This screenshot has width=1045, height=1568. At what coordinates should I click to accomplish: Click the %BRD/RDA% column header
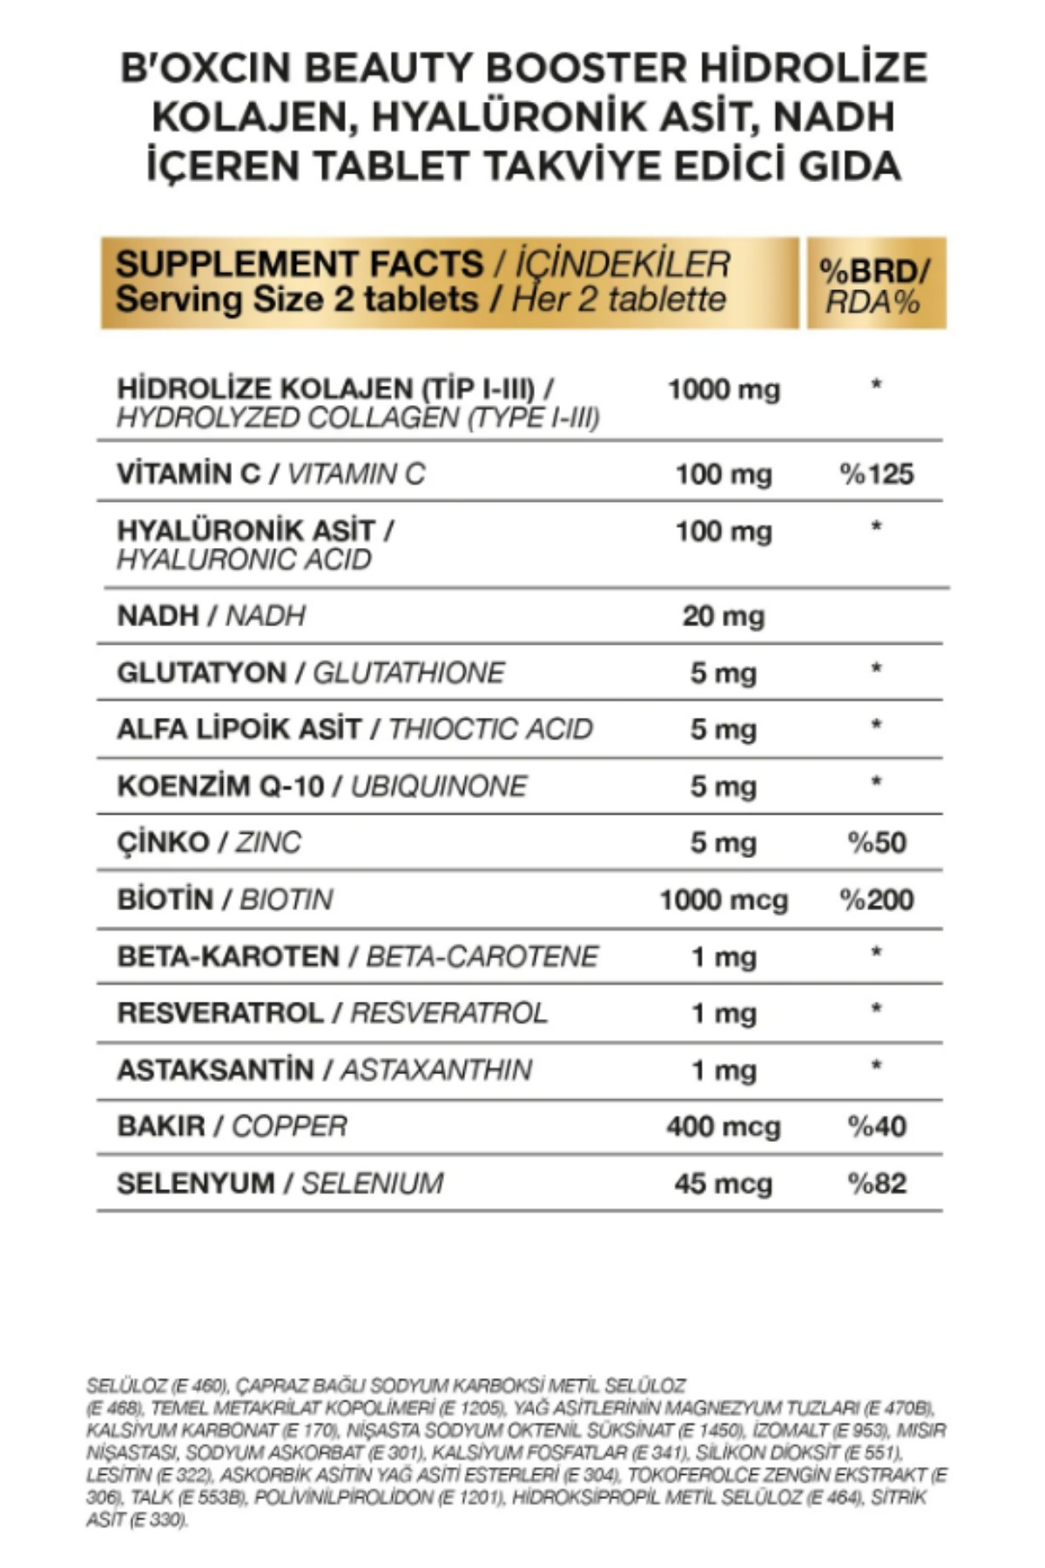coord(874,286)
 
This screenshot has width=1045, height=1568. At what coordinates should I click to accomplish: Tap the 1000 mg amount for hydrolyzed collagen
coord(724,389)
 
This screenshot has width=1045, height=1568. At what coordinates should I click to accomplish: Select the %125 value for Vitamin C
coord(876,474)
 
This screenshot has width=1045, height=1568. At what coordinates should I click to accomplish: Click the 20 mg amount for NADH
coord(723,616)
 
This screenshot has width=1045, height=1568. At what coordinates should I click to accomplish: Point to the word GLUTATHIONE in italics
coord(408,672)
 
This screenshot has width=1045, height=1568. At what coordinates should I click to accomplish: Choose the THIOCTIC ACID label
coord(490,729)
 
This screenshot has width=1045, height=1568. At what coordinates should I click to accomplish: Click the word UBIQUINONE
coord(439,786)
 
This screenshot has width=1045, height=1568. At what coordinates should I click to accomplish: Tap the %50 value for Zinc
coord(876,842)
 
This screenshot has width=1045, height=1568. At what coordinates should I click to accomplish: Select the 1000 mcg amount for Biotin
coord(723,900)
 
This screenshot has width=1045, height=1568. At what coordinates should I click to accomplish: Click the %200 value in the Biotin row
coord(876,900)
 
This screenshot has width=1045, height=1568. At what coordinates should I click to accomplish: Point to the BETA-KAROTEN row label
coord(228,956)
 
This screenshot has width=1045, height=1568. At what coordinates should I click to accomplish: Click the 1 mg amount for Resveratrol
coord(723,1013)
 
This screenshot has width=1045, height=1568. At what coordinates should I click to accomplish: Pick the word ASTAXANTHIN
coord(435,1070)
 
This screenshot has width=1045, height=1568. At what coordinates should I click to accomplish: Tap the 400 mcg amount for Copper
coord(723,1126)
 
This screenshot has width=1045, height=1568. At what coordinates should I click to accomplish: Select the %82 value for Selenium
coord(876,1183)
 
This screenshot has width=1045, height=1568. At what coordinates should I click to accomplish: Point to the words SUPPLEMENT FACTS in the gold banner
coord(299,264)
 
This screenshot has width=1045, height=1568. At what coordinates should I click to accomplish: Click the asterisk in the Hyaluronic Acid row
coord(876,526)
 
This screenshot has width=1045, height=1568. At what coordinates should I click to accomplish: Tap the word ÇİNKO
coord(163,842)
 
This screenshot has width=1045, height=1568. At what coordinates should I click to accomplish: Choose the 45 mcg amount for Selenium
coord(723,1183)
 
